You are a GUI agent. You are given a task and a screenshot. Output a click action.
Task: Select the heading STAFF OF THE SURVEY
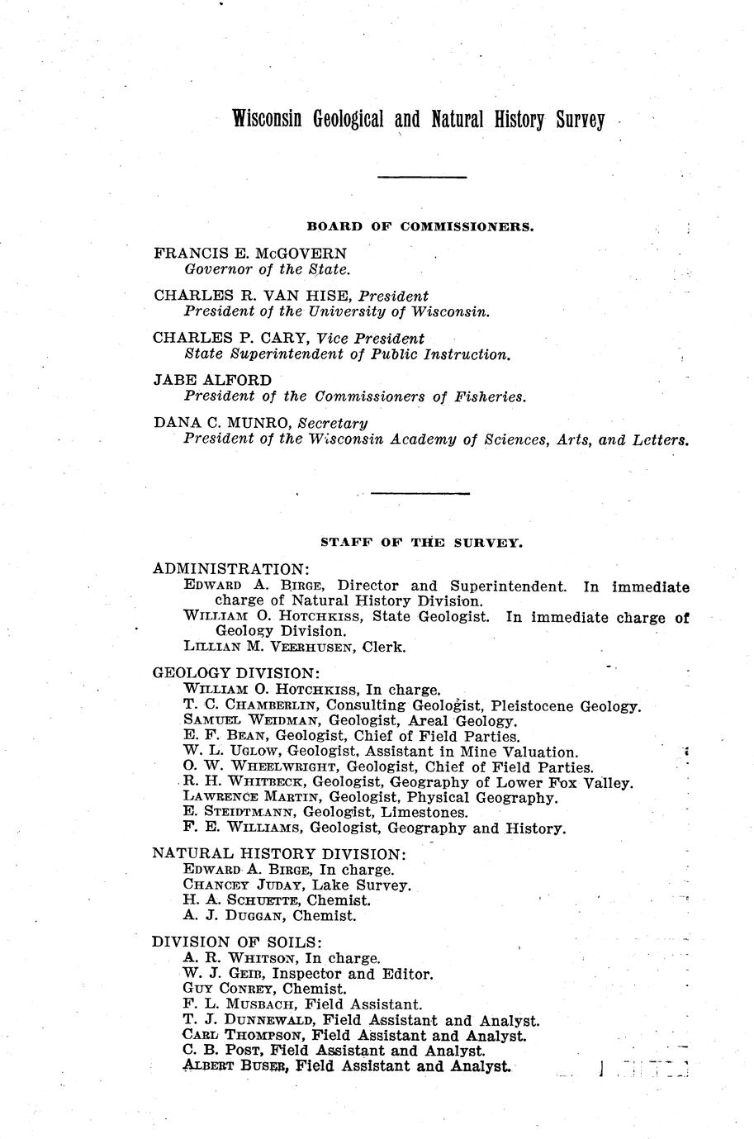tap(421, 543)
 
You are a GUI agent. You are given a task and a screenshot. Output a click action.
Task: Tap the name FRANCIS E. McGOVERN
tap(250, 254)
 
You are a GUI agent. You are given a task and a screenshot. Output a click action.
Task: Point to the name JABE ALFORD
tap(212, 381)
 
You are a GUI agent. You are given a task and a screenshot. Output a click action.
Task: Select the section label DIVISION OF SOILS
tap(238, 942)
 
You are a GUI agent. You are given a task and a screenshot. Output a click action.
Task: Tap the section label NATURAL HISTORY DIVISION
tap(279, 853)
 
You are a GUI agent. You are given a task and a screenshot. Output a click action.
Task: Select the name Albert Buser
tap(234, 1066)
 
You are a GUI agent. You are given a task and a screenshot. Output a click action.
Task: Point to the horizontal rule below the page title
tap(422, 177)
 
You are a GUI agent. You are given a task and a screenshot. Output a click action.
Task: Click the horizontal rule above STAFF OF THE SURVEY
tap(420, 493)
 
